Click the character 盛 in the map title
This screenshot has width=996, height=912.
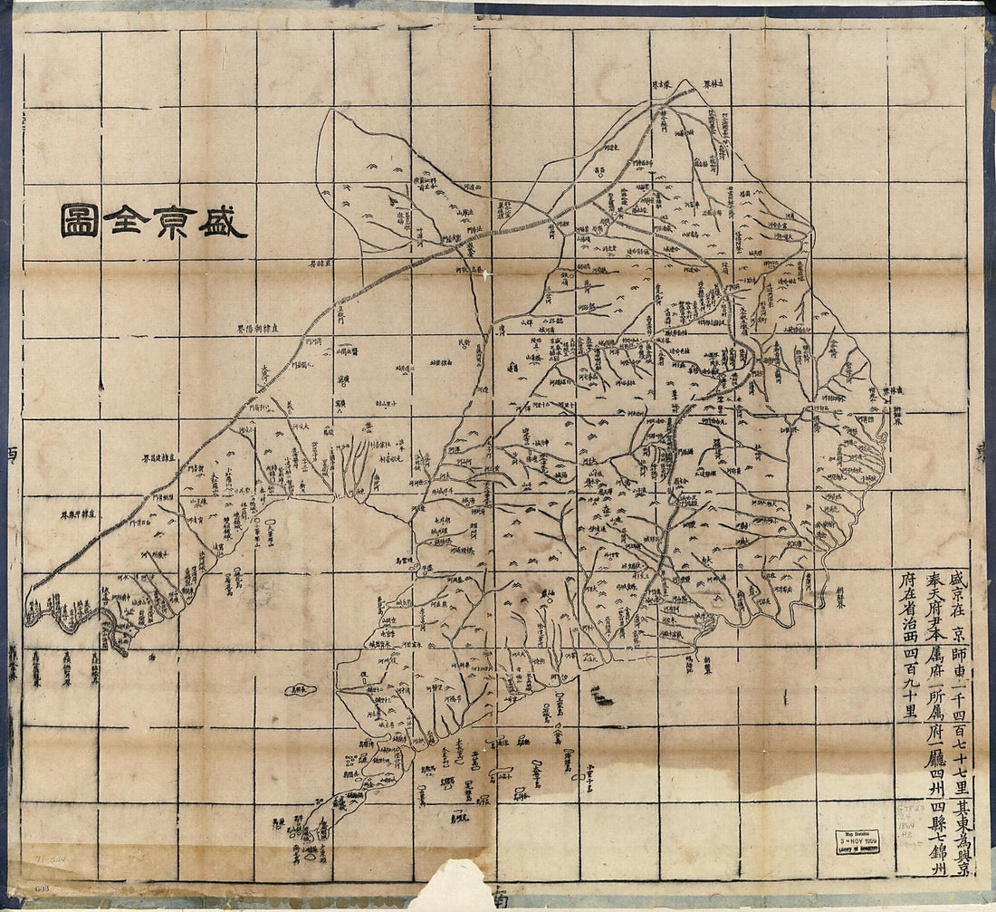(x=223, y=220)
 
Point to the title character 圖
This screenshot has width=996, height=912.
(x=80, y=220)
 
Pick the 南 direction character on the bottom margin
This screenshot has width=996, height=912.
(x=500, y=899)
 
